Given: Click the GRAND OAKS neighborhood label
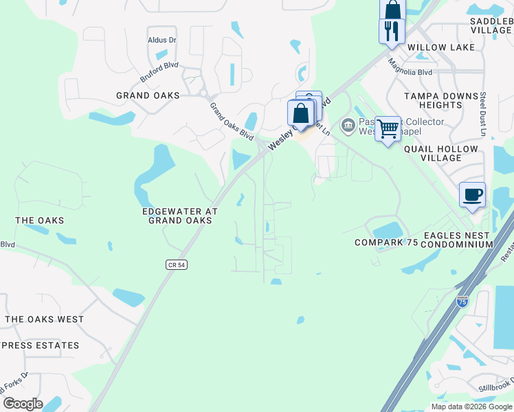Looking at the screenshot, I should pyautogui.click(x=148, y=96).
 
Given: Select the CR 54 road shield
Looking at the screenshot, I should pyautogui.click(x=177, y=264).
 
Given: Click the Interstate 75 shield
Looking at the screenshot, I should pyautogui.click(x=462, y=300).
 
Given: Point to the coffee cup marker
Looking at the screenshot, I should pyautogui.click(x=472, y=195).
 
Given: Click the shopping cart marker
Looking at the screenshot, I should pyautogui.click(x=388, y=128).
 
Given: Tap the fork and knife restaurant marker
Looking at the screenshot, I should pyautogui.click(x=392, y=31).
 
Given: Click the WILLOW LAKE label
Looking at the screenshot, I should pyautogui.click(x=441, y=47).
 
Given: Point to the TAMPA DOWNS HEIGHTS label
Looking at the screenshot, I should pyautogui.click(x=441, y=101).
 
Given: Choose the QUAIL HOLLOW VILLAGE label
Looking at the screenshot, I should pyautogui.click(x=441, y=153).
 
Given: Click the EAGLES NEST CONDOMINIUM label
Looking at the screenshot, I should pyautogui.click(x=458, y=240).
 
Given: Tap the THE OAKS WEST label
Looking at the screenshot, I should pyautogui.click(x=45, y=319).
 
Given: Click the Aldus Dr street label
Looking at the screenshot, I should pyautogui.click(x=162, y=41).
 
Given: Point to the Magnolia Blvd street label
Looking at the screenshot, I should pyautogui.click(x=410, y=67).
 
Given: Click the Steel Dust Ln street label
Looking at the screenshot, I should pyautogui.click(x=483, y=114).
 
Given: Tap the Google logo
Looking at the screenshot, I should pyautogui.click(x=23, y=404).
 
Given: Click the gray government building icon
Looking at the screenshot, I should pyautogui.click(x=348, y=125).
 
